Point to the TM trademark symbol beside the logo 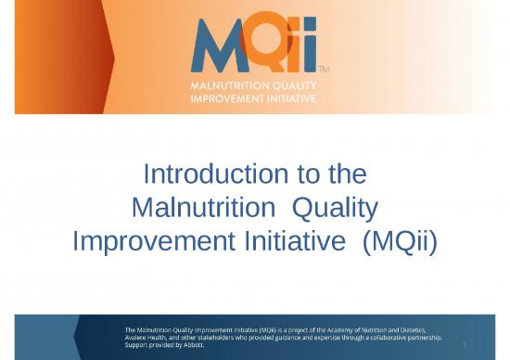click(x=323, y=71)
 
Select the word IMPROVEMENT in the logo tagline click(x=220, y=97)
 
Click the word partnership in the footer click(x=419, y=338)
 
